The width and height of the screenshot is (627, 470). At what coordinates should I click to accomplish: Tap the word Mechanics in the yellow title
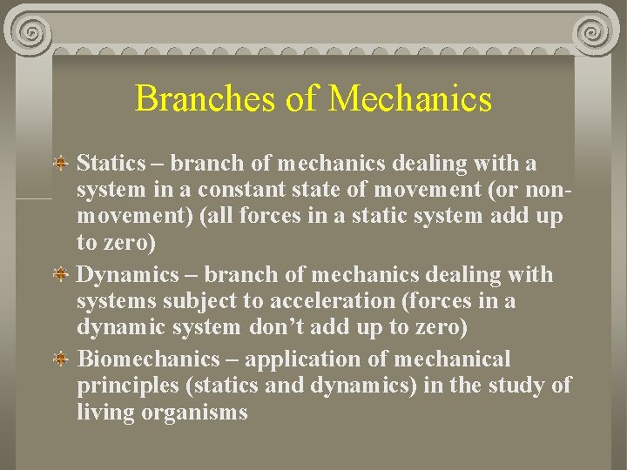coord(410,98)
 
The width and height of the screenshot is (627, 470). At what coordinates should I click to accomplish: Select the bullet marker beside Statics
coord(63,163)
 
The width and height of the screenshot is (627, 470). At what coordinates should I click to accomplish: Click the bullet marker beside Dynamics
coord(63,275)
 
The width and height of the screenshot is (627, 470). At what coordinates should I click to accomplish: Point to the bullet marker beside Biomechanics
coord(63,359)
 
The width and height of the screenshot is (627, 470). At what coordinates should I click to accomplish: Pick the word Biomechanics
coord(149,359)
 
